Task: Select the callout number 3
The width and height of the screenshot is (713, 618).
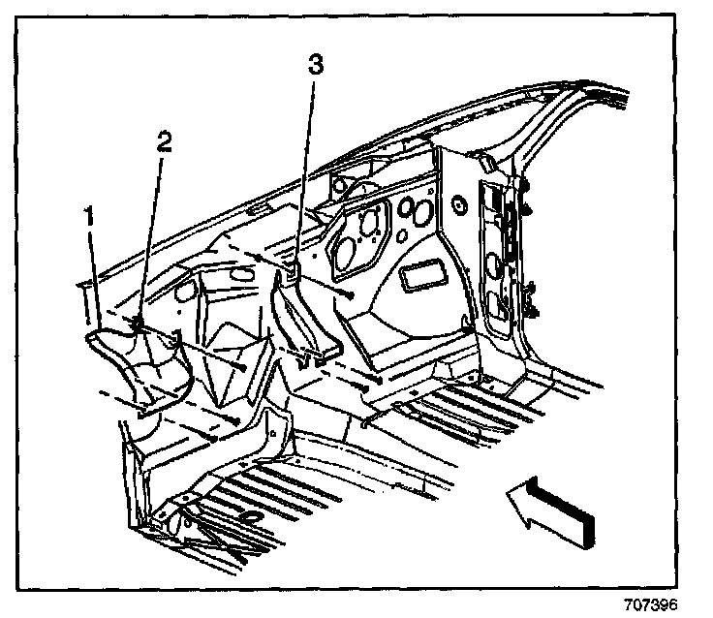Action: [315, 66]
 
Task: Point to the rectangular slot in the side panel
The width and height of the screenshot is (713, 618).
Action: [422, 274]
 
